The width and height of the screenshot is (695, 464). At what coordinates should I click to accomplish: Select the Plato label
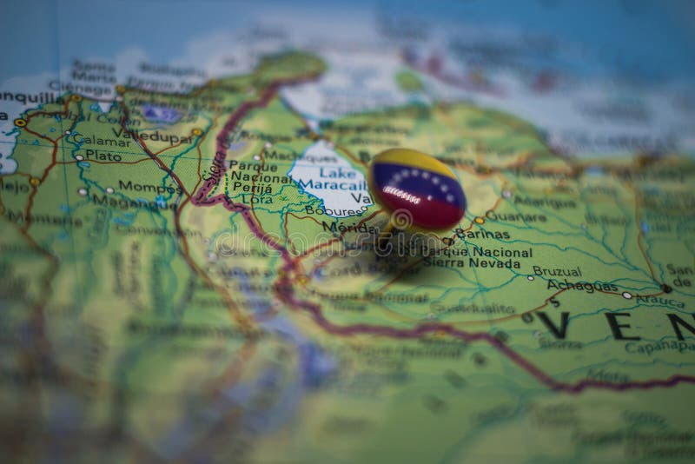click(x=103, y=156)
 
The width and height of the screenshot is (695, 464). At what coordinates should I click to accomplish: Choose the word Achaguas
click(x=582, y=285)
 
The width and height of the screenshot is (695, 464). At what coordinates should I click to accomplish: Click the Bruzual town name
click(x=557, y=271)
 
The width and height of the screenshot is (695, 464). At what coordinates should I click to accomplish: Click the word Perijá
click(x=246, y=187)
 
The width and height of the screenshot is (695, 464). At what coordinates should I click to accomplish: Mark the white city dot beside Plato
click(x=79, y=157)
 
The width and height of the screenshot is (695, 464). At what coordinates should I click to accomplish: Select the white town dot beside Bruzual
click(x=530, y=277)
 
